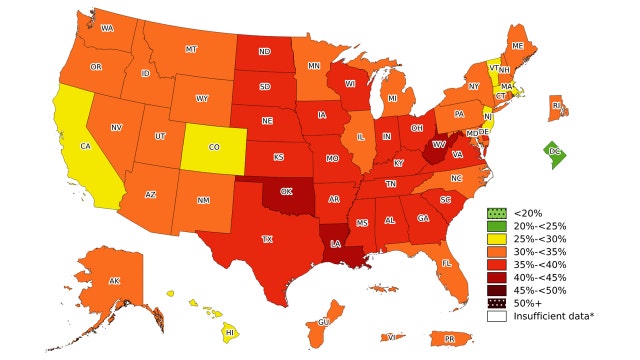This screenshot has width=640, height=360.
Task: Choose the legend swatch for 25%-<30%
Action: pyautogui.click(x=495, y=241)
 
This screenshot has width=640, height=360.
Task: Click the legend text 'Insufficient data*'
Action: pyautogui.click(x=553, y=316)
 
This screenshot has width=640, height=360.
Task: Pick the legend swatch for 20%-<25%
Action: pyautogui.click(x=495, y=226)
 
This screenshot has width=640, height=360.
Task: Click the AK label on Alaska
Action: pyautogui.click(x=114, y=281)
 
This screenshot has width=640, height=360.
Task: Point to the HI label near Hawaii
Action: pyautogui.click(x=229, y=332)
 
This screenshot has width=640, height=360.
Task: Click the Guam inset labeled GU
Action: pyautogui.click(x=324, y=322)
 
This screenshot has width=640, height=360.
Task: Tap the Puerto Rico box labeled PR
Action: pyautogui.click(x=449, y=339)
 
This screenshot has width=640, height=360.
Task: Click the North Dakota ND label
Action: pyautogui.click(x=264, y=52)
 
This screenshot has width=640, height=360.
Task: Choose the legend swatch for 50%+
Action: pyautogui.click(x=495, y=301)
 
